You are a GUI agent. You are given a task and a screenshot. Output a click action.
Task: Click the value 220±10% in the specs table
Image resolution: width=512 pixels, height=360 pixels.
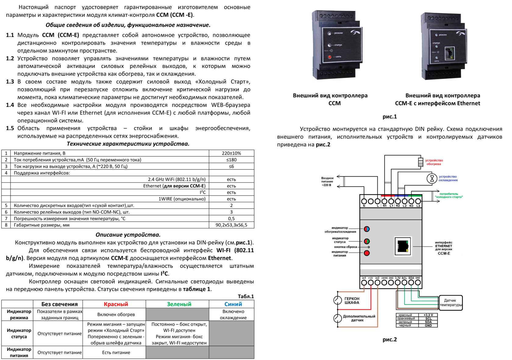231,153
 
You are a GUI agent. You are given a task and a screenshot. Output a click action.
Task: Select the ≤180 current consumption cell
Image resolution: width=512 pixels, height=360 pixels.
231,160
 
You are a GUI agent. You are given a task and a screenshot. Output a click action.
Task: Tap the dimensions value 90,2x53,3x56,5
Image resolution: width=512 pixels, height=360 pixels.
231,225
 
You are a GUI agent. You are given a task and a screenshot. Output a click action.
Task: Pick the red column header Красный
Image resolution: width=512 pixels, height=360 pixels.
116,304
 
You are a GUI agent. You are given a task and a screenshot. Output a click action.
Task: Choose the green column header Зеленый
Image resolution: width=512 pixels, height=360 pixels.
179,304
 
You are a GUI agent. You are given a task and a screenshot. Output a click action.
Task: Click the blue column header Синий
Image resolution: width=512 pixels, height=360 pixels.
233,304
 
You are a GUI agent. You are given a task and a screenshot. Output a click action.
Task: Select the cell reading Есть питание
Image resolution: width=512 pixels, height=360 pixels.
116,352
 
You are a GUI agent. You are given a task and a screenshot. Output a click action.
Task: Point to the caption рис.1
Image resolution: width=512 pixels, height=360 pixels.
389,116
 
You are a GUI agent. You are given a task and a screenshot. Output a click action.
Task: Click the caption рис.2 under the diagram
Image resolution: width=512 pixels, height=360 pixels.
389,339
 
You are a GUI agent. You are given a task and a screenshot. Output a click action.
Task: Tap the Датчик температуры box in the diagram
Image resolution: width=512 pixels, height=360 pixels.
450,303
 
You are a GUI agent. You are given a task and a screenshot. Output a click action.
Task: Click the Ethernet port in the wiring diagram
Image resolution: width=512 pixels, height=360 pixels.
403,246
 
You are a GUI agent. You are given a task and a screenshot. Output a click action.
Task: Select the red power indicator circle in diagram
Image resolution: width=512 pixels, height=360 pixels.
367,253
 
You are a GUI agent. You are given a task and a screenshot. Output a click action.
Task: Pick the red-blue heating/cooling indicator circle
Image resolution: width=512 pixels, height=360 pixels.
367,229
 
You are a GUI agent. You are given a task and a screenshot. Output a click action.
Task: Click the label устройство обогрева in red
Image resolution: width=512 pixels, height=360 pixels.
434,162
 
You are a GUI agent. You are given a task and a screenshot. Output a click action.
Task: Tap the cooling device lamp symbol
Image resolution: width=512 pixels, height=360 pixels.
432,178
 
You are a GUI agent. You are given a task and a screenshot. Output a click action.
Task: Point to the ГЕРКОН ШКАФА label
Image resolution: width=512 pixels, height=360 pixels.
352,301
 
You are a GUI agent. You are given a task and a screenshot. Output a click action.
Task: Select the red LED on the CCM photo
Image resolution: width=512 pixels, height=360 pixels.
329,57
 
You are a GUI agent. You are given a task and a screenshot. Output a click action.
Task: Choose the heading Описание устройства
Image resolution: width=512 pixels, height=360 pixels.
128,235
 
